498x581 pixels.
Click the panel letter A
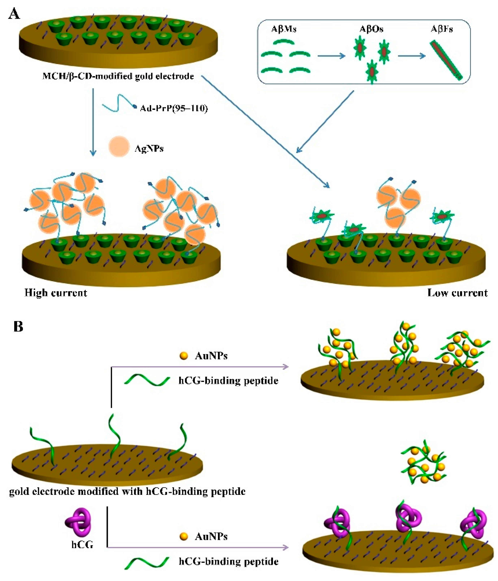[14, 14]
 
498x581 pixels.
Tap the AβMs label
[284, 29]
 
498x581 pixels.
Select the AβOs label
[371, 29]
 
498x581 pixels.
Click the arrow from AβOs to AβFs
[411, 56]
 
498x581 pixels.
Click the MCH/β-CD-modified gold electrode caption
[118, 76]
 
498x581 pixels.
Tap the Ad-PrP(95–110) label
[174, 108]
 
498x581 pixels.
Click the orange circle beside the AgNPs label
[119, 146]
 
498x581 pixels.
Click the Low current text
[457, 293]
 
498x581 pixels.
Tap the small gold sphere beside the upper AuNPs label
[184, 356]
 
